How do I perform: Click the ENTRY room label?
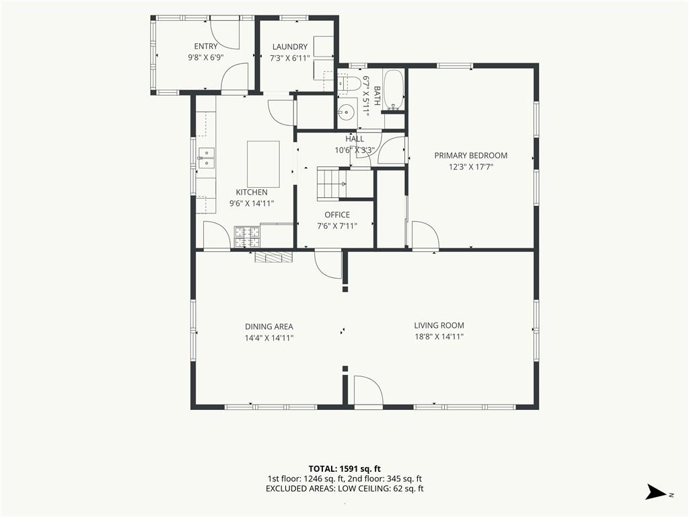pos(206,46)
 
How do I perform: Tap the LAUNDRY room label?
pos(289,46)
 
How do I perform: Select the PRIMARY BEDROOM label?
pos(470,156)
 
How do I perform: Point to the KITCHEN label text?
pos(252,192)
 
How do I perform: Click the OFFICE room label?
pos(337,215)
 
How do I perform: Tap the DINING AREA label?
pos(269,326)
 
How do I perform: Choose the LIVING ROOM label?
pos(439,325)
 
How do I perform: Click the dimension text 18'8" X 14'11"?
pos(439,337)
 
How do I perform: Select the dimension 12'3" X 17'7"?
pos(470,167)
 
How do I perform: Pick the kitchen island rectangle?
pos(263,164)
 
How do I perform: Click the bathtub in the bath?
pos(394,90)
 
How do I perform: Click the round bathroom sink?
pos(347,113)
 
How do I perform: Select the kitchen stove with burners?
pos(247,237)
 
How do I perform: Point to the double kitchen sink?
pos(206,158)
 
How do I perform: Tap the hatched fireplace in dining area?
pos(273,257)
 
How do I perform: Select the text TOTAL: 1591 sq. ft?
pos(344,469)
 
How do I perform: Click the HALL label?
pos(355,139)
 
